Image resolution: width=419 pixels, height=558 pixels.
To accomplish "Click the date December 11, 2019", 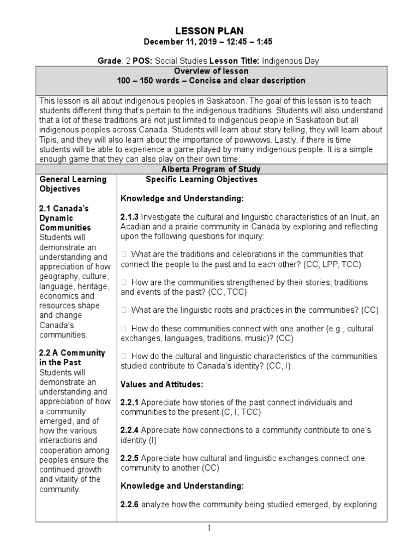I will (176, 41).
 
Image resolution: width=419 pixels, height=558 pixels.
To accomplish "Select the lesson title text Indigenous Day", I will (287, 62).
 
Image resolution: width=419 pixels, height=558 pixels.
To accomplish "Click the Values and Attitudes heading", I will (161, 385).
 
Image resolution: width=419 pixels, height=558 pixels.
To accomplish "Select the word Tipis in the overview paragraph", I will (50, 139).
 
